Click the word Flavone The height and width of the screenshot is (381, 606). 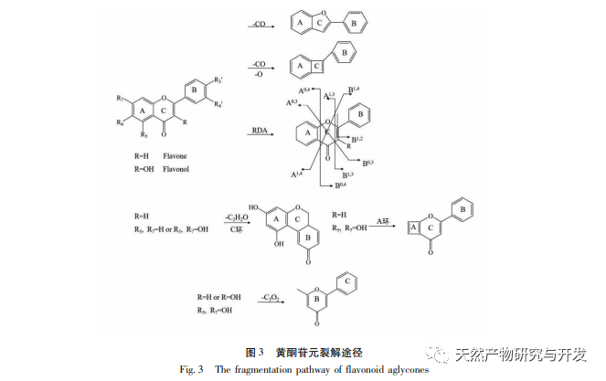(x=175, y=156)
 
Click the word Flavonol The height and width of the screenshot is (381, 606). (x=176, y=169)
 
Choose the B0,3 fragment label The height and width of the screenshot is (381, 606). (x=369, y=162)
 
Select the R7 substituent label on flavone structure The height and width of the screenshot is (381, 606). (x=120, y=98)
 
